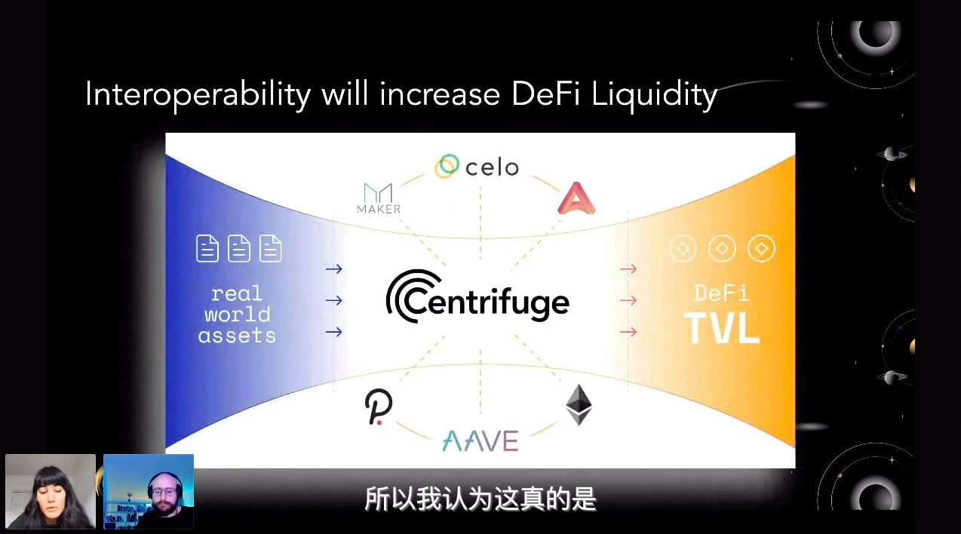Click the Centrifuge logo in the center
pos(477,296)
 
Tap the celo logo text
pos(492,167)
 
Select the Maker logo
pos(379,198)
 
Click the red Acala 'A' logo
pos(576,198)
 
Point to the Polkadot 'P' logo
pos(379,407)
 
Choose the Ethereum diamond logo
pos(579,404)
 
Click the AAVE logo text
pos(480,441)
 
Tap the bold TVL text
pos(722,327)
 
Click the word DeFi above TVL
pos(722,293)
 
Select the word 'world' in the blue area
pos(238,315)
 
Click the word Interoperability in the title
pos(198,95)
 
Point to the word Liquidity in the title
pos(654,95)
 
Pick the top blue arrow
pos(333,269)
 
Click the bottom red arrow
pos(628,332)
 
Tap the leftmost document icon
pos(207,248)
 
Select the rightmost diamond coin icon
pos(762,248)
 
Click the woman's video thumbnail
pos(51,492)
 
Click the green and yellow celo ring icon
pos(447,166)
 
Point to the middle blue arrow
pos(333,300)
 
